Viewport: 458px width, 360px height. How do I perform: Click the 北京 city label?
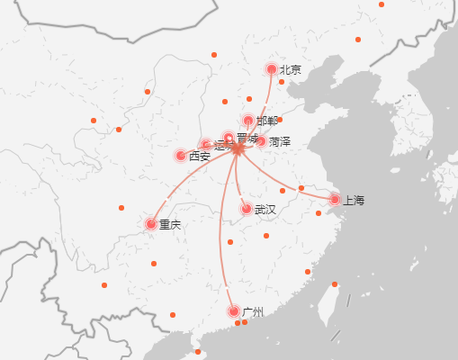click(x=291, y=69)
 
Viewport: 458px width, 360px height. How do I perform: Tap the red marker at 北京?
click(x=271, y=69)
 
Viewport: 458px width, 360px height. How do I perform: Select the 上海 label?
click(x=353, y=200)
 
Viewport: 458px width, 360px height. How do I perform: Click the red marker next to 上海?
click(x=335, y=199)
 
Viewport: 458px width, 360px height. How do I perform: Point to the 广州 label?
click(x=253, y=312)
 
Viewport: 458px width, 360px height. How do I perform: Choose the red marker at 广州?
click(x=234, y=311)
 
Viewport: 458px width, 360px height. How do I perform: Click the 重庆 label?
click(x=170, y=224)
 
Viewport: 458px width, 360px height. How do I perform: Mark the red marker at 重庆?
click(x=150, y=223)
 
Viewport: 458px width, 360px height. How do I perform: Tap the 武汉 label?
click(x=265, y=210)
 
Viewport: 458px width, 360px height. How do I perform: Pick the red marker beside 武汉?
click(x=246, y=209)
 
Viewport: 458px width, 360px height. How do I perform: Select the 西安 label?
click(x=200, y=156)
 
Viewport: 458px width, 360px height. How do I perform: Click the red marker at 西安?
click(x=181, y=155)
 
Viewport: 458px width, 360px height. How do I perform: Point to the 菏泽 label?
click(x=280, y=142)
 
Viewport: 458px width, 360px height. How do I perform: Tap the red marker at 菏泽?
click(x=261, y=140)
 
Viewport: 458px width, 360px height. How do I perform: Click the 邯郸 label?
click(x=267, y=121)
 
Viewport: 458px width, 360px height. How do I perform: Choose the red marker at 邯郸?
click(x=248, y=121)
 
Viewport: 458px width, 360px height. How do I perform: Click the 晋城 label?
click(x=247, y=138)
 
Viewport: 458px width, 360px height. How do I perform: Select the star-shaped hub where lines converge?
click(x=238, y=148)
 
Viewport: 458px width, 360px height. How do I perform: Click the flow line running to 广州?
click(x=221, y=234)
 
